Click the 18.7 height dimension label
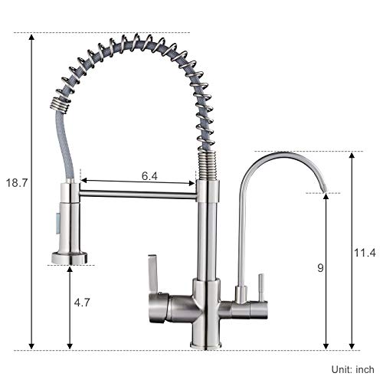click(16, 183)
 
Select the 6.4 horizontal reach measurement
click(150, 175)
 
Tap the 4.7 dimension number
click(80, 303)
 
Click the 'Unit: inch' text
click(353, 370)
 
